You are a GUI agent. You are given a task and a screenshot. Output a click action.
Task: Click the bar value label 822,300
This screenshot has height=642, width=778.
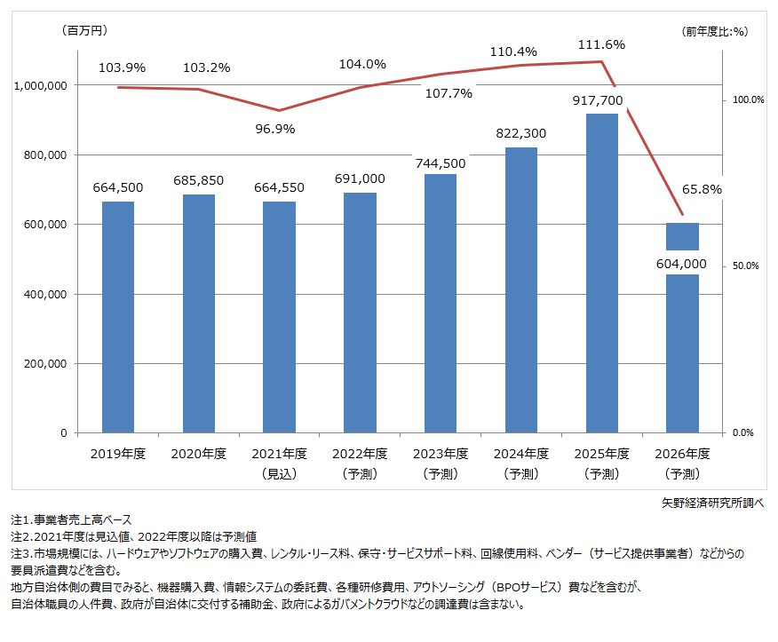520,133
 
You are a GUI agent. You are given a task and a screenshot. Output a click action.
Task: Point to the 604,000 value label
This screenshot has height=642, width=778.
682,263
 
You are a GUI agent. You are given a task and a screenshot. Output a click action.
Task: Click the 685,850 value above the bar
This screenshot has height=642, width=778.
199,180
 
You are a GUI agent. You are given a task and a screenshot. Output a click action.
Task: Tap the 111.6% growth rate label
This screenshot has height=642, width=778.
601,44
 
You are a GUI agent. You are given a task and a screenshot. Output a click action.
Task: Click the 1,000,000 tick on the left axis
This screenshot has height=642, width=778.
41,85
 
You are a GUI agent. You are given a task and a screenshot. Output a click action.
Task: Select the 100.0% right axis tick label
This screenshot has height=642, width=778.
748,100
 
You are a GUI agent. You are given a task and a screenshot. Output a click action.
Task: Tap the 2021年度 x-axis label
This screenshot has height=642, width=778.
280,454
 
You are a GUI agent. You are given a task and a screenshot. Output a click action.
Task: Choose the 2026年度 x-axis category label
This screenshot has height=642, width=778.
682,454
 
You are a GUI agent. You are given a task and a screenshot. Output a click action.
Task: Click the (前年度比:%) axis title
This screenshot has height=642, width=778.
715,31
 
